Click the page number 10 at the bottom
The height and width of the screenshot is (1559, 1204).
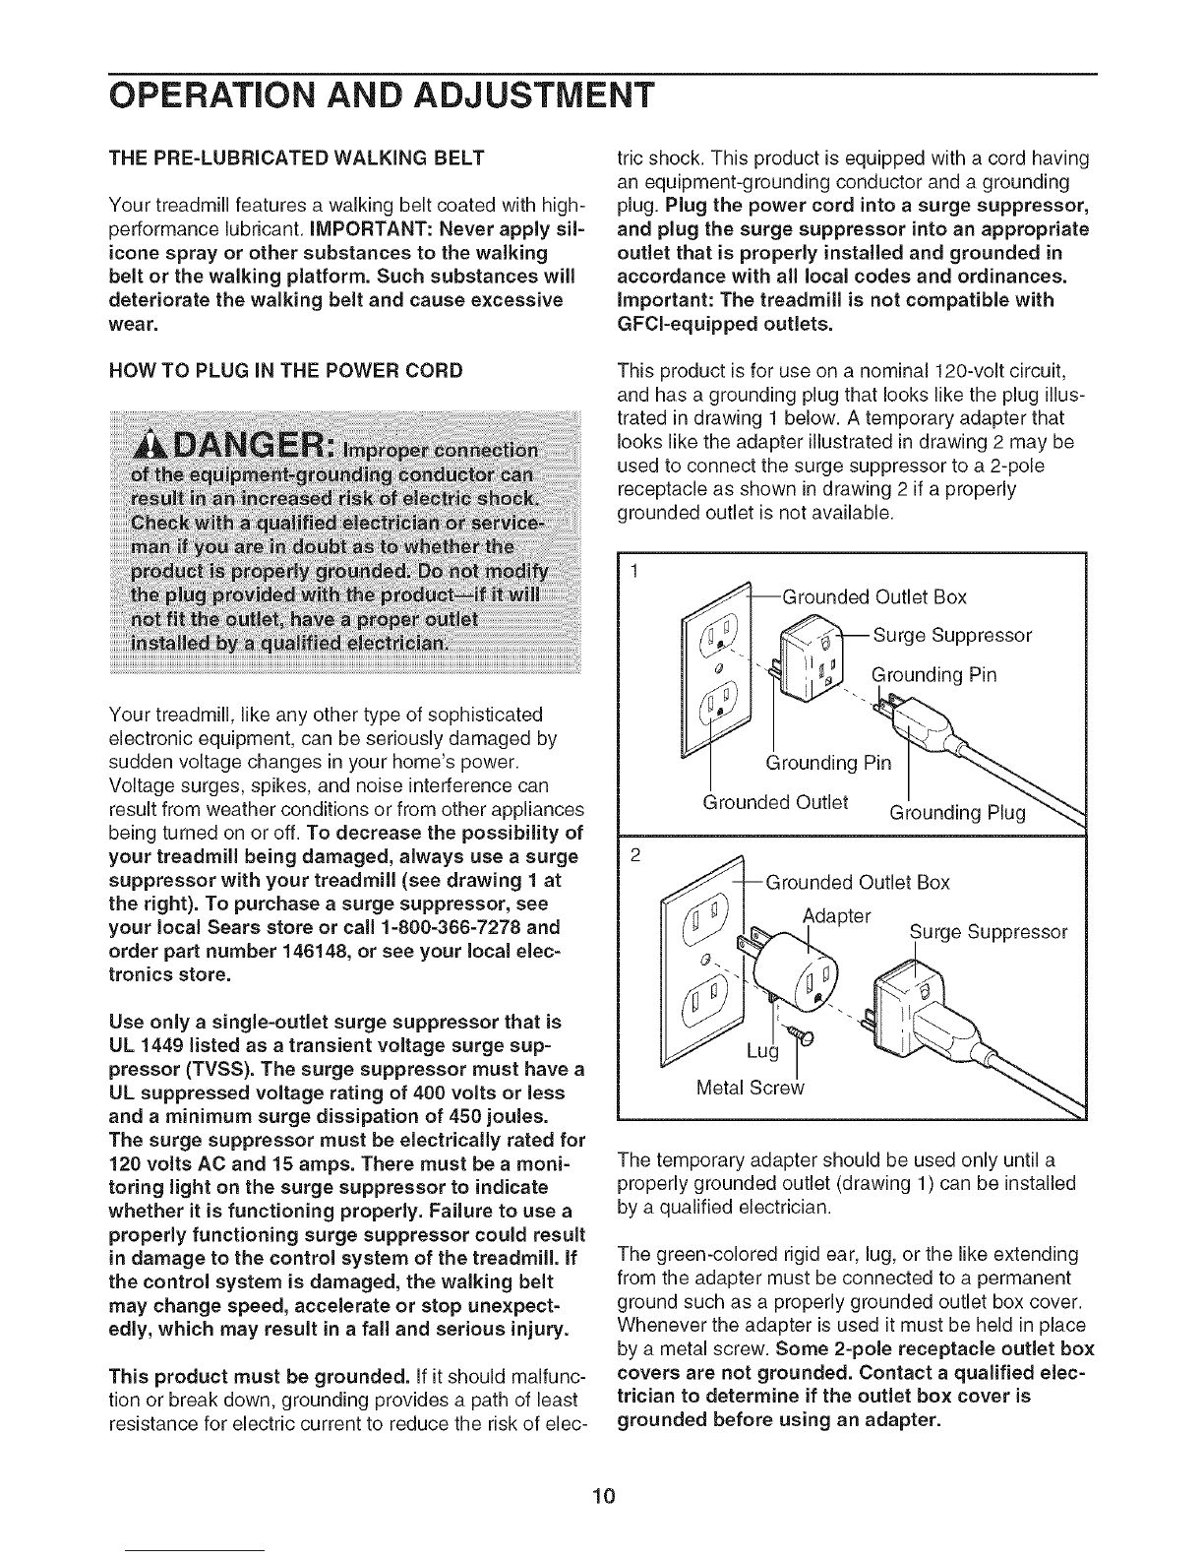coord(603,1470)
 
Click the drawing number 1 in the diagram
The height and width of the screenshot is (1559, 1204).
coord(635,574)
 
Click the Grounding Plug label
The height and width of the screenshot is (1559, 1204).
coord(957,813)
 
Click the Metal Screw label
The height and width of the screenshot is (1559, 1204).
coord(750,1088)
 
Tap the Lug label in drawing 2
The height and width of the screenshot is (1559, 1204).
coord(762,1054)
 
